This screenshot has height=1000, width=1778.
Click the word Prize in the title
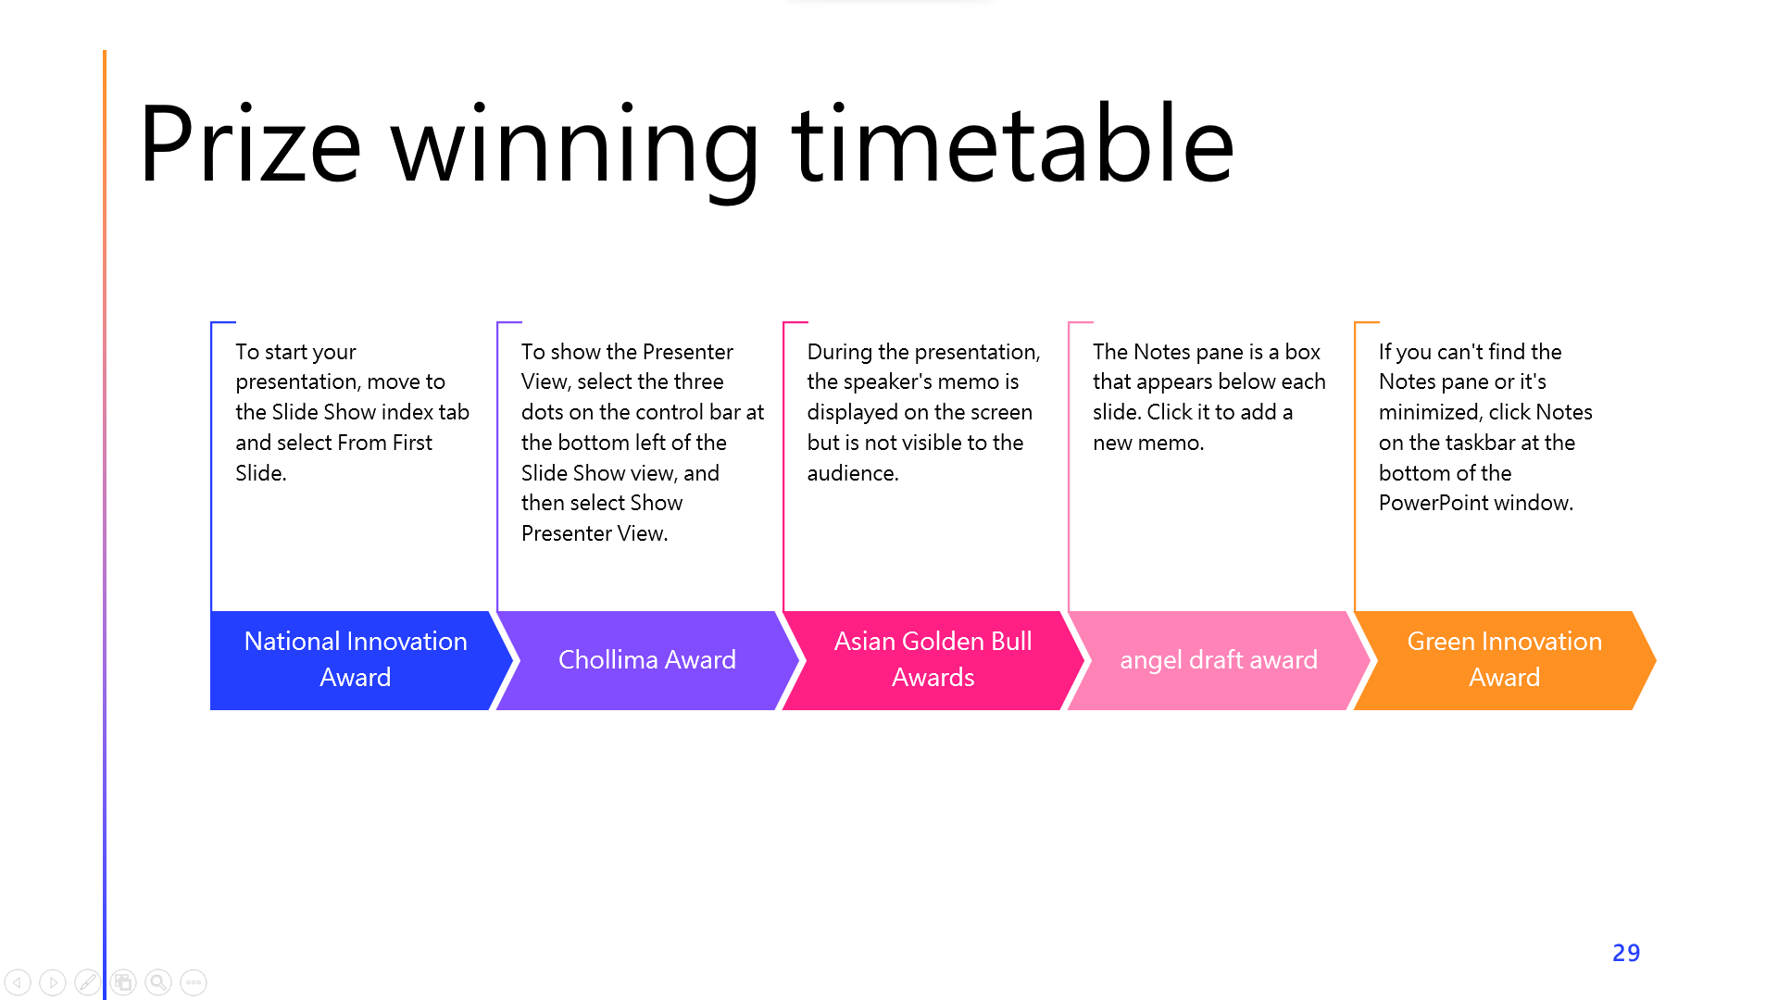[250, 144]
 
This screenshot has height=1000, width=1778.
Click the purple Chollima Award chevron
[647, 660]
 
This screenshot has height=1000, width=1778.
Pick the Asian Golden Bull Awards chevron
[933, 660]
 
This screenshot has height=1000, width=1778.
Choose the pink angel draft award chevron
[1219, 660]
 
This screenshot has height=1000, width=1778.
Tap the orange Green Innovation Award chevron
[1505, 660]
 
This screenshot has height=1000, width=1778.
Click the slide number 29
[1626, 953]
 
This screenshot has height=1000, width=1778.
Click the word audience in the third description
[850, 473]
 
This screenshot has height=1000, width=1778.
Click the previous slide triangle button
[18, 982]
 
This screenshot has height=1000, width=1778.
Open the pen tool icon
[88, 982]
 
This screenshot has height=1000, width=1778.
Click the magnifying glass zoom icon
[158, 982]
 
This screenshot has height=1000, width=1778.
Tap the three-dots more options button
[194, 982]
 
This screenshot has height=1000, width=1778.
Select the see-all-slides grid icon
[123, 982]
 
